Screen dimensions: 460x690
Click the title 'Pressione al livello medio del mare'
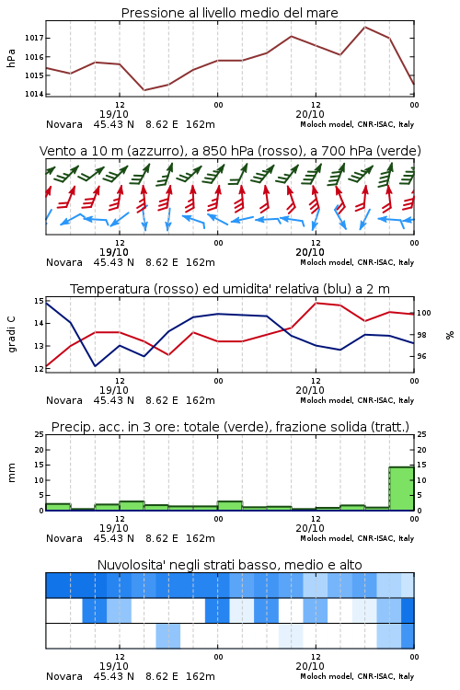point(229,13)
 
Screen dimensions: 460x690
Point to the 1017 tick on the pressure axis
point(34,39)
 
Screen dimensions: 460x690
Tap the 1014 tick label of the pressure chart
point(34,94)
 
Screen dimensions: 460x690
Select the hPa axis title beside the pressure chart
point(11,58)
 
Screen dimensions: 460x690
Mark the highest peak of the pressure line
point(364,27)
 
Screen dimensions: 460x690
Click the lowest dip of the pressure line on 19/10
point(144,90)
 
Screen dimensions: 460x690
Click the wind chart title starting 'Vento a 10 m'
point(230,151)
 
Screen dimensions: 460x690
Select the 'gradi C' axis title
point(12,334)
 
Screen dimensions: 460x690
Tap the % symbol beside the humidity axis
point(450,335)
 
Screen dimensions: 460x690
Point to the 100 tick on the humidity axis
point(423,313)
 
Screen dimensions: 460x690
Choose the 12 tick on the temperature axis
point(39,369)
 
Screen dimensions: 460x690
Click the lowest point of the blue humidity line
point(95,365)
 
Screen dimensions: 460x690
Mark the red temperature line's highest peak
point(316,304)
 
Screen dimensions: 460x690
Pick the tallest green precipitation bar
point(401,489)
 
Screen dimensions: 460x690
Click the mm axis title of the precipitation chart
point(11,472)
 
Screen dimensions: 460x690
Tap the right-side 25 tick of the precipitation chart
point(421,434)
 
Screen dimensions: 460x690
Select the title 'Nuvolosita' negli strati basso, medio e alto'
point(229,565)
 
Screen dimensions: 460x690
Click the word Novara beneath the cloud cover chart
point(64,676)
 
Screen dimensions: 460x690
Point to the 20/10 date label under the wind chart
point(310,252)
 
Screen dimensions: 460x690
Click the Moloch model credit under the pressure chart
point(357,124)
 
